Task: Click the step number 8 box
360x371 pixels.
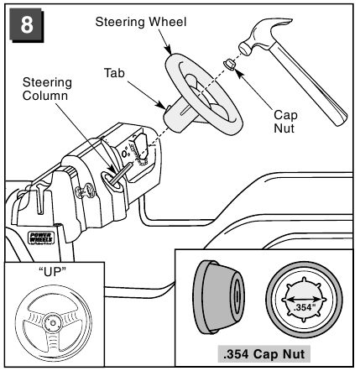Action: [27, 25]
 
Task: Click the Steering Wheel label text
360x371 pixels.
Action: [141, 22]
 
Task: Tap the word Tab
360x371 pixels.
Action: [114, 73]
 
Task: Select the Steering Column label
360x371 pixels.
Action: [47, 89]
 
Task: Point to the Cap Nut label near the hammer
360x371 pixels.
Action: [285, 122]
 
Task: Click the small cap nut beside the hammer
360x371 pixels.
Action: [230, 64]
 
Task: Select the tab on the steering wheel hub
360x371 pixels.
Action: [168, 107]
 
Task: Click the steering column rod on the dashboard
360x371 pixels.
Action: [121, 174]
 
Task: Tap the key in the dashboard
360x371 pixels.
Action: [86, 190]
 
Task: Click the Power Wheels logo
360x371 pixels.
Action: [41, 238]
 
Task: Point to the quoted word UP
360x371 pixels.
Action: [52, 271]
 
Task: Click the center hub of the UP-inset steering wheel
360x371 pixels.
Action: [53, 322]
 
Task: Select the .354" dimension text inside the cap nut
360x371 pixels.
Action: [305, 307]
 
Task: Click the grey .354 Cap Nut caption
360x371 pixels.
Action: [264, 354]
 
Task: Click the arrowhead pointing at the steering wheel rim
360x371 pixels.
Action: [169, 50]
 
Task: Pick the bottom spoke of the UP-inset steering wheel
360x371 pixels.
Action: [53, 338]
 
